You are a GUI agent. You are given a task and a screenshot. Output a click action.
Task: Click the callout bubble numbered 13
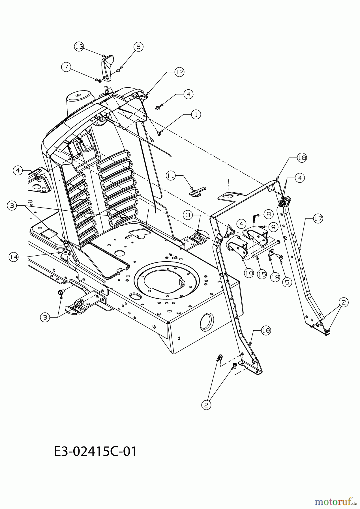80,47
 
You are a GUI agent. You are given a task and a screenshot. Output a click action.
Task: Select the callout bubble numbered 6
138,47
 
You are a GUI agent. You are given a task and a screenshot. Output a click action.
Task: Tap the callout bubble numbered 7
67,67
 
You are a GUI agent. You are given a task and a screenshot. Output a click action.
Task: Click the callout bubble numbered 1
196,114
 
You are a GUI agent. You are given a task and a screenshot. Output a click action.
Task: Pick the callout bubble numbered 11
171,176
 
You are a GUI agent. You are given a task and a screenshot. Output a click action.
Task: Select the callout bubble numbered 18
302,158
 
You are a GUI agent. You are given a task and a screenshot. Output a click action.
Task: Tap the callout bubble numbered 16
266,330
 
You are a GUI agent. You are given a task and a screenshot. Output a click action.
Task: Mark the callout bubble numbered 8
269,214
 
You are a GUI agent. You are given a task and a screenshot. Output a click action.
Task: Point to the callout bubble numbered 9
274,227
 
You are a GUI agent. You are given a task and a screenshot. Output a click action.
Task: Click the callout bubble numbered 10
249,273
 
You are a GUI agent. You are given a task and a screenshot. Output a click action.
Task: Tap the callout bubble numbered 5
287,282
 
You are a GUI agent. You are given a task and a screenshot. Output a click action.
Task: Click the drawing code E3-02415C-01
95,452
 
